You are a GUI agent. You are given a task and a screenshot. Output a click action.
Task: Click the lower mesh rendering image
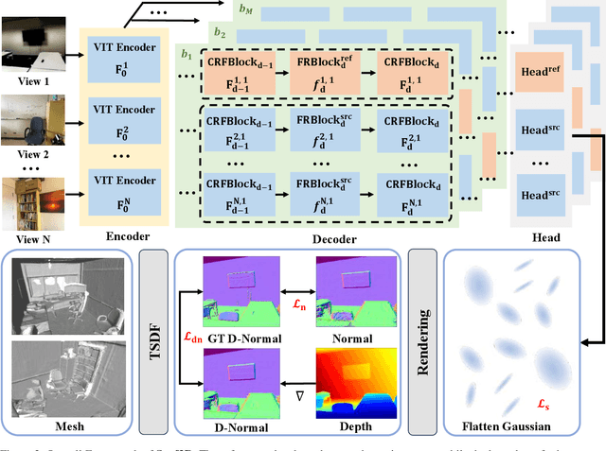point(64,379)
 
